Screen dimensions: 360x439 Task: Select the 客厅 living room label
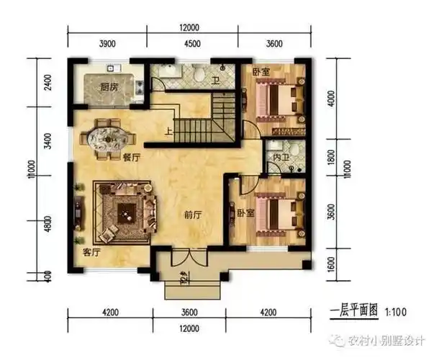(91, 252)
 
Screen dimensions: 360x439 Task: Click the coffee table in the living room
(126, 211)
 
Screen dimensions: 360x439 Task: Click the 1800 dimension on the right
(329, 157)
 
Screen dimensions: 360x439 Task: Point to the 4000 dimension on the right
(329, 98)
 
